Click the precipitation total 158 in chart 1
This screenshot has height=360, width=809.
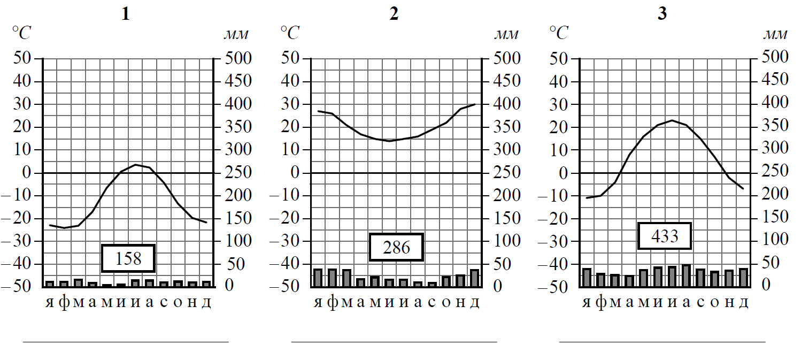coord(128,259)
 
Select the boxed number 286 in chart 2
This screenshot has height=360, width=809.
coord(396,247)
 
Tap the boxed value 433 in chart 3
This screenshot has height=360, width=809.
coord(665,236)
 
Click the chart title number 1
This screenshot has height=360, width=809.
coord(125,14)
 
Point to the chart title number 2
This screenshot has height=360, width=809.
coord(394,14)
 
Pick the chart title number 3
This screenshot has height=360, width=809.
coord(662,14)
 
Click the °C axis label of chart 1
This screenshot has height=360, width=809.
coord(22,34)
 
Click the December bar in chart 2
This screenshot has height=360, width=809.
coord(474,278)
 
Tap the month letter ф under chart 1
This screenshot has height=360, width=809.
coord(64,302)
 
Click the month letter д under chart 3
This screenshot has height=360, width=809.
coord(743,302)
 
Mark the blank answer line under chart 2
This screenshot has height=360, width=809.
coord(394,341)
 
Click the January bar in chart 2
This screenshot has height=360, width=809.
coord(318,278)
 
